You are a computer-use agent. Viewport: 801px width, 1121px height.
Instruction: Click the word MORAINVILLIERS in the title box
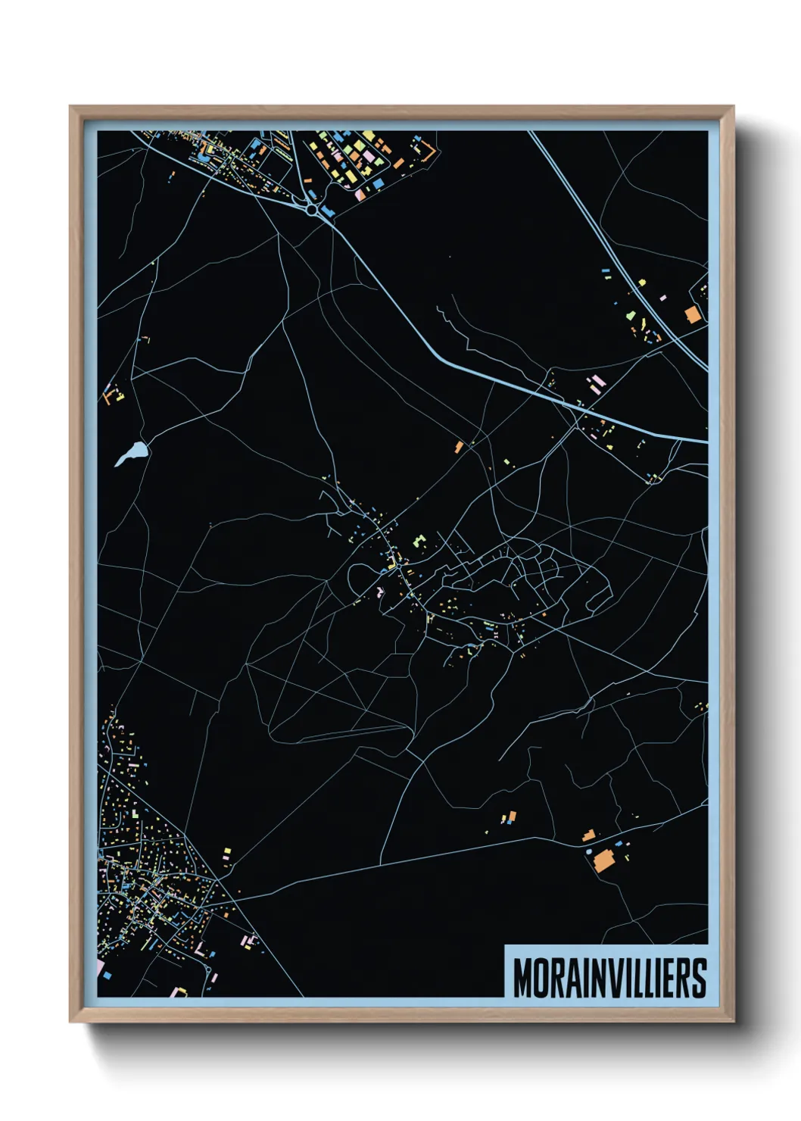coord(609,978)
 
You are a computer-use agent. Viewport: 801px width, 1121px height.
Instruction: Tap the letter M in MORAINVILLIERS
coord(523,978)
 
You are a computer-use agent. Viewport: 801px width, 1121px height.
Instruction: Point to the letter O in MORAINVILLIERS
coord(541,978)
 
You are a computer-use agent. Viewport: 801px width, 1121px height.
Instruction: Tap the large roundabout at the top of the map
coord(312,208)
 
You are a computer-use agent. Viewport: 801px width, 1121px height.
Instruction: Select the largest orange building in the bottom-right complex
coord(603,861)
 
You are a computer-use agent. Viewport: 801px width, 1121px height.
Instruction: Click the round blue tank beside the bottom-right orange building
coord(589,851)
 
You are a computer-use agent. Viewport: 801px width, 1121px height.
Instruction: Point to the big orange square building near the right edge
coord(692,314)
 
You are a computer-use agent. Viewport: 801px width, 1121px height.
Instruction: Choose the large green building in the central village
coord(417,542)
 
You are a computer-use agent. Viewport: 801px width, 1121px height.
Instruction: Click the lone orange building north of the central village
coord(458,447)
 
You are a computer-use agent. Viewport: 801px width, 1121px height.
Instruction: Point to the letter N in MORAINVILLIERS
coord(600,978)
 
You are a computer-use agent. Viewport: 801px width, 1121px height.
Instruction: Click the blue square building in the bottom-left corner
coord(107,975)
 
